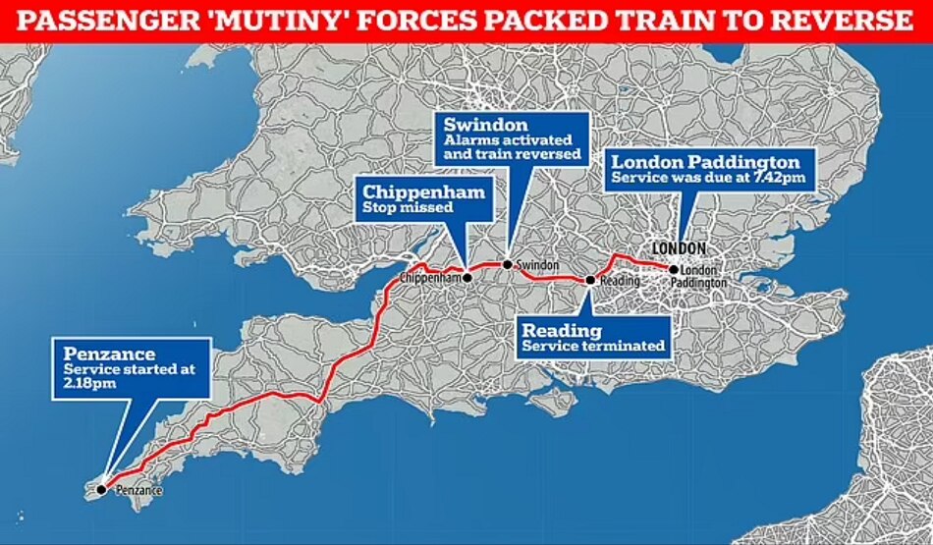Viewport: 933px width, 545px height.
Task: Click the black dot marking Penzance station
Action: pyautogui.click(x=101, y=488)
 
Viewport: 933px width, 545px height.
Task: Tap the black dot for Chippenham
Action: pyautogui.click(x=467, y=278)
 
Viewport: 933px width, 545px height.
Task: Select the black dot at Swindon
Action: pyautogui.click(x=507, y=264)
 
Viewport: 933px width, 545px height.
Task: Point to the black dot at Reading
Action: pyautogui.click(x=590, y=281)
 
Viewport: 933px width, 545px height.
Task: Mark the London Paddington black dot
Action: pyautogui.click(x=673, y=269)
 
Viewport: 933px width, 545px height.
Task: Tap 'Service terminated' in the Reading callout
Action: pyautogui.click(x=593, y=346)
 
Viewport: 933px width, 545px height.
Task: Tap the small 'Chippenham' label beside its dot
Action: pyautogui.click(x=430, y=279)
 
